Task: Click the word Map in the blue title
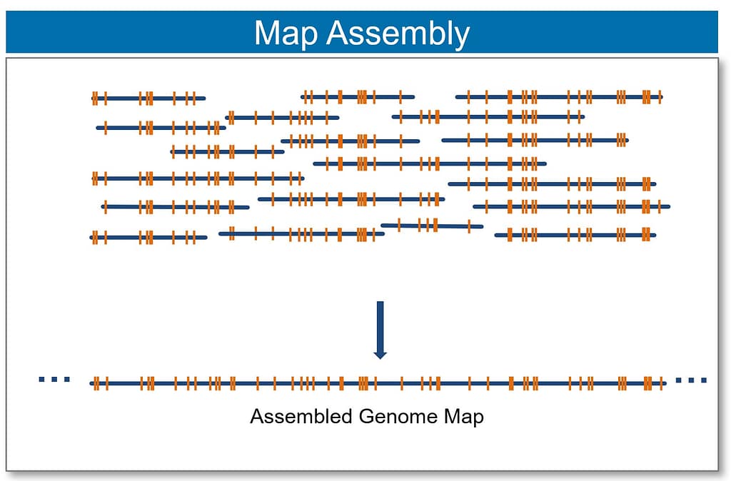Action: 285,33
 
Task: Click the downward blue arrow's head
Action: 380,353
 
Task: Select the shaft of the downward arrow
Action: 380,325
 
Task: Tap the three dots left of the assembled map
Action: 54,380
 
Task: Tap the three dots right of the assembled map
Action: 690,380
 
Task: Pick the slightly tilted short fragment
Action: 432,226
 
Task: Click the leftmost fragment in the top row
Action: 148,98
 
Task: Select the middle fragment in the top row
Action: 357,96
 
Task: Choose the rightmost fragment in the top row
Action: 559,96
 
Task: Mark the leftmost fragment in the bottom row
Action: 148,237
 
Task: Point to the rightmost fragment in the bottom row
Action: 575,234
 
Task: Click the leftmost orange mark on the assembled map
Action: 94,383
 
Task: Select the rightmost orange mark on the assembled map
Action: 660,383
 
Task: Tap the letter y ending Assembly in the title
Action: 462,36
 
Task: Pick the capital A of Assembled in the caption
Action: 256,416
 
